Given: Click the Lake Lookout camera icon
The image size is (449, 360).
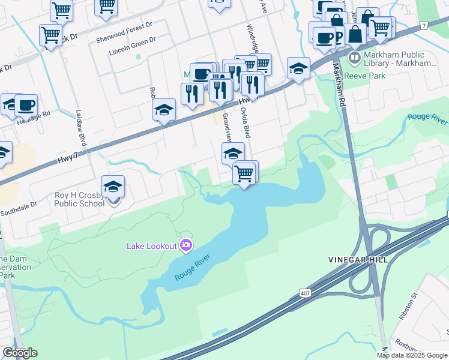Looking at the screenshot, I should (186, 244).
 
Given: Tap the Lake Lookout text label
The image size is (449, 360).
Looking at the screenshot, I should (151, 245).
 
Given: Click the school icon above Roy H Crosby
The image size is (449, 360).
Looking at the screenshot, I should (113, 187).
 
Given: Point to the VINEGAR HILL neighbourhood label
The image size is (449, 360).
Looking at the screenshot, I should (358, 259).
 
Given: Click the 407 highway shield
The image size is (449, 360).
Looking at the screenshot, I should (305, 292).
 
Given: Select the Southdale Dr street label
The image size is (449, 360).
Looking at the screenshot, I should (18, 204).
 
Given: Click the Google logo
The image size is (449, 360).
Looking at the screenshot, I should (20, 353).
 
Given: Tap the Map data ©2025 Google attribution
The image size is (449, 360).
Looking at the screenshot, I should (412, 355).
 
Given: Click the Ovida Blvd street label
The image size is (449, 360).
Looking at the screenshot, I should (245, 123).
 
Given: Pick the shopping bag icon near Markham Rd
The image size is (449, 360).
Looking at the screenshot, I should (355, 34).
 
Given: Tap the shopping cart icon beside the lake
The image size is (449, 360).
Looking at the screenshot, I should (244, 173).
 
